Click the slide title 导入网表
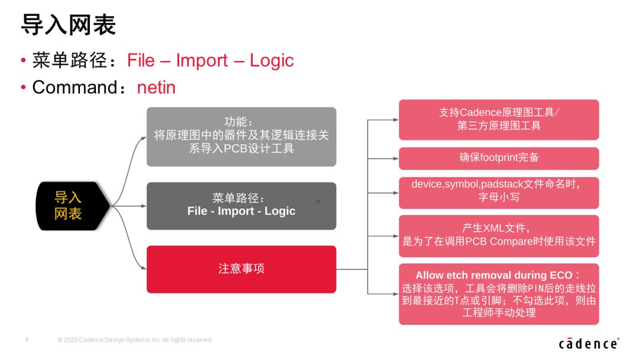[x=69, y=24]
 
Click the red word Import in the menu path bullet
[x=202, y=61]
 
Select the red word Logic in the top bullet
[x=272, y=61]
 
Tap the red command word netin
[x=156, y=87]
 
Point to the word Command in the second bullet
[x=75, y=87]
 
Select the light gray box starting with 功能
[x=241, y=137]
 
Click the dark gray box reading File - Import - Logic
[x=241, y=206]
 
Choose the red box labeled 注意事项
[x=241, y=269]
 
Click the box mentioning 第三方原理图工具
[x=499, y=120]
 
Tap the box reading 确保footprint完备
[x=499, y=158]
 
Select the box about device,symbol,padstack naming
[x=499, y=192]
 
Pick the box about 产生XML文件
[x=499, y=236]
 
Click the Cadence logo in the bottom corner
[x=589, y=343]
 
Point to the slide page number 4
[x=27, y=339]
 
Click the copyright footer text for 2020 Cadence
[x=135, y=340]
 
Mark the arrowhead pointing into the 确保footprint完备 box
[x=396, y=158]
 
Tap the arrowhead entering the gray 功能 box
[x=143, y=138]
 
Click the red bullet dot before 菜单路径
[x=23, y=61]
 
